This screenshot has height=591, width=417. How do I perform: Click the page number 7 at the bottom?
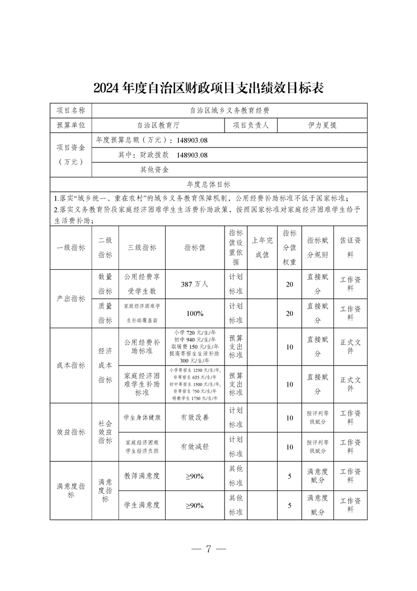208,548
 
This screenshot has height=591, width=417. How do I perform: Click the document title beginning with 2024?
208,87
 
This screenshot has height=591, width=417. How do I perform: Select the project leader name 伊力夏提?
322,125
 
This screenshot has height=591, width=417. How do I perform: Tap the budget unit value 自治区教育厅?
158,125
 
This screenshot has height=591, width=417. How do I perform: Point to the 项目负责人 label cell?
251,125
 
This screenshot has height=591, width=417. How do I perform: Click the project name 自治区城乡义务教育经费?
230,110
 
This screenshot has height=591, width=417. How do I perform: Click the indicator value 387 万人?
195,284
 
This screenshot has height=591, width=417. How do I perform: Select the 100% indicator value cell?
195,313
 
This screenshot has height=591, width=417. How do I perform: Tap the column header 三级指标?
142,248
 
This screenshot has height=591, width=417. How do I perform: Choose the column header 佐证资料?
350,248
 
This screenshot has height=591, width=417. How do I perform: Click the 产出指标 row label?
71,299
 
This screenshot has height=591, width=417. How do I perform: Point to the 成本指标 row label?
71,366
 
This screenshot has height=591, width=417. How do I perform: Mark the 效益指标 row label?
71,432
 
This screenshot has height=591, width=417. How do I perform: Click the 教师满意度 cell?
142,476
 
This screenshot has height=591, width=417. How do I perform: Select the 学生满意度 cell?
142,505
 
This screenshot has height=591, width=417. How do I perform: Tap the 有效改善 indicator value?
195,417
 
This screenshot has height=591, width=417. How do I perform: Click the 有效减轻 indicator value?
195,447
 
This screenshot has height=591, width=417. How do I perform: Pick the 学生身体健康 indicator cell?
142,417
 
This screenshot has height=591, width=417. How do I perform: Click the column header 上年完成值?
262,248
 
